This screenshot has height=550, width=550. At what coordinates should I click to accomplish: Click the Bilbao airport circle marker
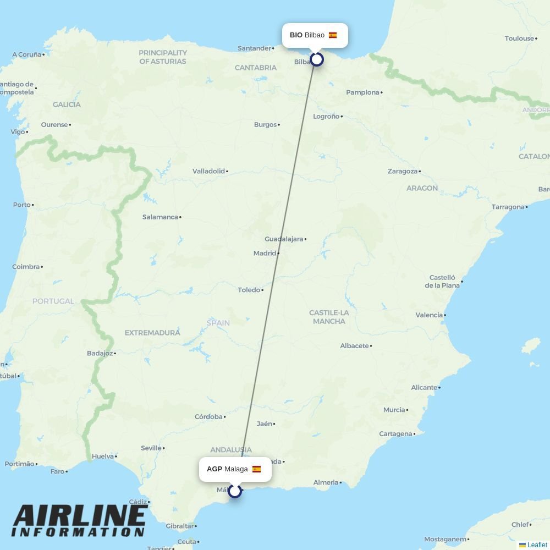(316, 59)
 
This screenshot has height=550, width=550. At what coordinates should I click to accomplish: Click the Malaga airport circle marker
(235, 491)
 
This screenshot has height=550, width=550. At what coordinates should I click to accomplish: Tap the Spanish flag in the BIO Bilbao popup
(333, 35)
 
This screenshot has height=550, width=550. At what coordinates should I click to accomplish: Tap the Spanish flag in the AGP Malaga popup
(256, 469)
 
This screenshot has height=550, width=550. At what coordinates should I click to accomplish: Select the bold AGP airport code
(215, 469)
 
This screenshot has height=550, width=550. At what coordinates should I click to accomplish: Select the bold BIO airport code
(296, 35)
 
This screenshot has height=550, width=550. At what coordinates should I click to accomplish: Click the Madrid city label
(265, 254)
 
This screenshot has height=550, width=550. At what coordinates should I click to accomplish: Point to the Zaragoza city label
(403, 172)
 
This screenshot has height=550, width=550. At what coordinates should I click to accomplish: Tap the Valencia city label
(429, 315)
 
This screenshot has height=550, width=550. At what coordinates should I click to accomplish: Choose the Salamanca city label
(160, 217)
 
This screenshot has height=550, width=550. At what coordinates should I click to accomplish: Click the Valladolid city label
(208, 172)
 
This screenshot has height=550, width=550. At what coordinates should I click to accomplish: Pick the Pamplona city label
(362, 92)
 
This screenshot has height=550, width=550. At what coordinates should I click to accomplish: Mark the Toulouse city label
(519, 38)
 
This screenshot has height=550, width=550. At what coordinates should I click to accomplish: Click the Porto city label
(22, 205)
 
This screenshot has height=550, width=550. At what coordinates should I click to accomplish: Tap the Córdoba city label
(208, 417)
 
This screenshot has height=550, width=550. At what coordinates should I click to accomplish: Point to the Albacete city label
(354, 346)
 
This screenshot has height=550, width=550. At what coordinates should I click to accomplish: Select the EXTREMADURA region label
(152, 333)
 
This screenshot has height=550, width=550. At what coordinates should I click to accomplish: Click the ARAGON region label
(422, 188)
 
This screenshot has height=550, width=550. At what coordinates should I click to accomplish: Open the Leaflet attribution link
(537, 545)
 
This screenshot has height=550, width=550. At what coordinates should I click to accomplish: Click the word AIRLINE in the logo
(79, 515)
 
